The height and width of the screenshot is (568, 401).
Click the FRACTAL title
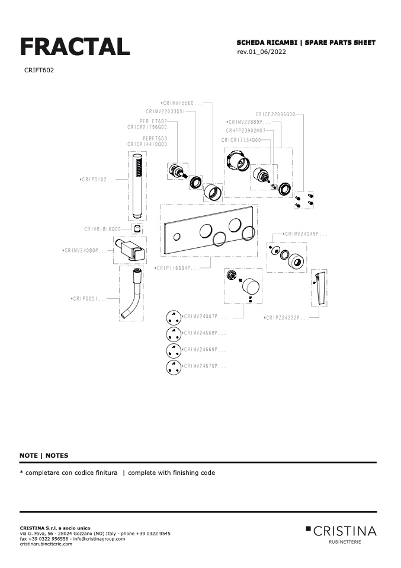[x=75, y=46]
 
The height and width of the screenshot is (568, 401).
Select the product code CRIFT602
[x=39, y=70]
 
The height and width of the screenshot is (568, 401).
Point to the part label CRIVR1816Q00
[x=102, y=228]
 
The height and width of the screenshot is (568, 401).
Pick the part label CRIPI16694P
[x=176, y=268]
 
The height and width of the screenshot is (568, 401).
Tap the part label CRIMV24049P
[x=306, y=234]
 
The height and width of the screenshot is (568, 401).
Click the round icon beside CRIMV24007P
[x=173, y=317]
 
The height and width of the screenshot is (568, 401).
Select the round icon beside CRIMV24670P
[x=173, y=367]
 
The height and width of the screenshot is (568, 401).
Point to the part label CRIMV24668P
[x=204, y=333]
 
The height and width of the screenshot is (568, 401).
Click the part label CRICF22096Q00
[x=275, y=114]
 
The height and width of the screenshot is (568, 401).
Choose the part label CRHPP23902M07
[x=246, y=130]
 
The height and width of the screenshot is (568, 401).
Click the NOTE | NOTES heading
[x=44, y=455]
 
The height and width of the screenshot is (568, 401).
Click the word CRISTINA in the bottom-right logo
[x=345, y=530]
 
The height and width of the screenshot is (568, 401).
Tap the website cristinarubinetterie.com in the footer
[x=46, y=544]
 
